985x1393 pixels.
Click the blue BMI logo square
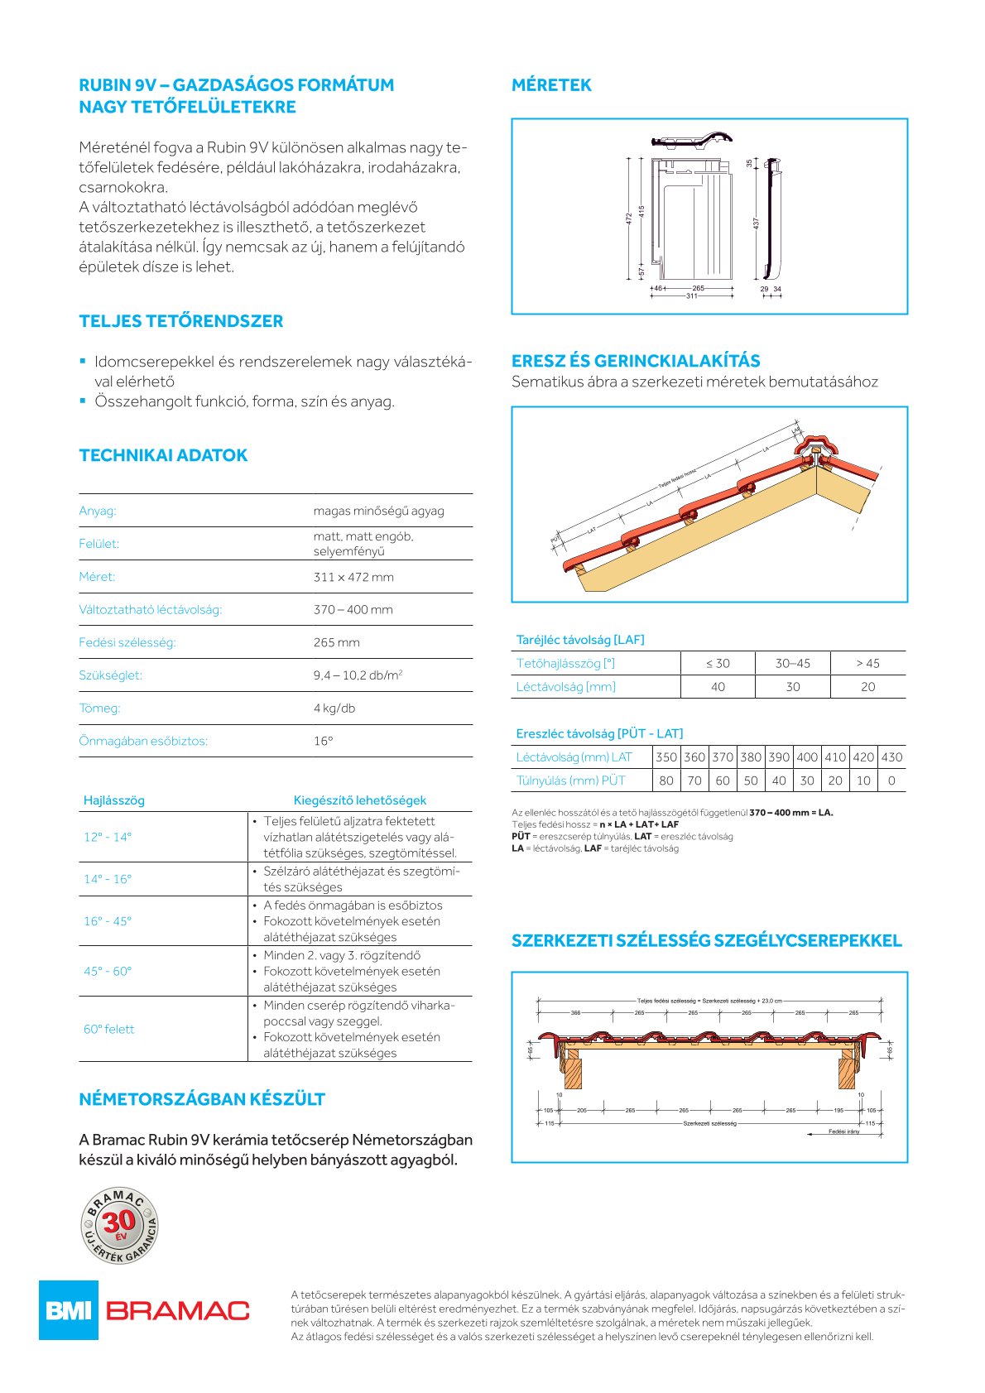(68, 1309)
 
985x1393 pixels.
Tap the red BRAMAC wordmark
(178, 1310)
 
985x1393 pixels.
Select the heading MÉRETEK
(551, 85)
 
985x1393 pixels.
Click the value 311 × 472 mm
(353, 577)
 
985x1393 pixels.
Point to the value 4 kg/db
(334, 709)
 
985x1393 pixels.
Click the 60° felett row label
(108, 1029)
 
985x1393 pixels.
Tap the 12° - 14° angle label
(108, 837)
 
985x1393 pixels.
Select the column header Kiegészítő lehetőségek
(360, 800)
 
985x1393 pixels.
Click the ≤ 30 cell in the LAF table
(718, 663)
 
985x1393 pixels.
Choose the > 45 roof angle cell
(867, 663)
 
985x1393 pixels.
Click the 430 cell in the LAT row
(891, 757)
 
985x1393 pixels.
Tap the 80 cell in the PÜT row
(666, 781)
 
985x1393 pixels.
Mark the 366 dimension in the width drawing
(576, 1012)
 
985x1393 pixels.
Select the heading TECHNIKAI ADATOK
(163, 455)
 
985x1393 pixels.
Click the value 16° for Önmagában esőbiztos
(323, 741)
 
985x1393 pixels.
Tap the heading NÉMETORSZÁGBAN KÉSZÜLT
(202, 1099)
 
